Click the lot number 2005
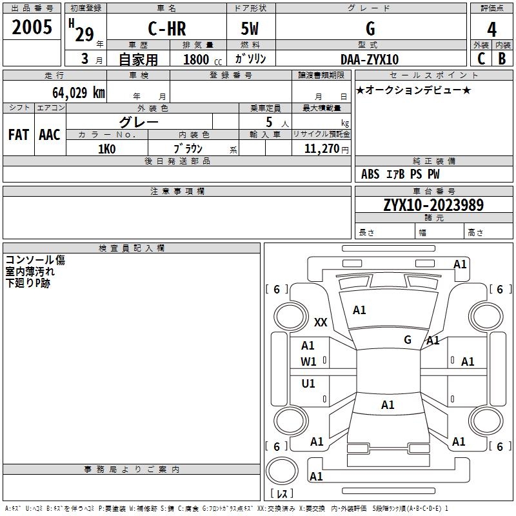click(x=32, y=27)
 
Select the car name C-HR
click(x=167, y=28)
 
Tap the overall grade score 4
click(x=491, y=30)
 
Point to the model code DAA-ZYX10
click(x=370, y=59)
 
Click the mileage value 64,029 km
click(x=79, y=92)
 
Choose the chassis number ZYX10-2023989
click(x=433, y=205)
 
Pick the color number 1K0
click(x=107, y=149)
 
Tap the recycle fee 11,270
click(x=322, y=149)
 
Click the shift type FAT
click(x=19, y=135)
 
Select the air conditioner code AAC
click(x=50, y=135)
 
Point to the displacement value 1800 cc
click(x=203, y=59)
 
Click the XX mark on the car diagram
click(x=321, y=322)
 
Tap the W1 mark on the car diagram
click(x=308, y=362)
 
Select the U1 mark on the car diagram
click(x=308, y=383)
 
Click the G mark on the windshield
click(x=408, y=340)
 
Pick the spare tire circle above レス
click(x=282, y=471)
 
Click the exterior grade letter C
click(x=481, y=59)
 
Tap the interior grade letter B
click(x=502, y=59)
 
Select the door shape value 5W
click(x=250, y=28)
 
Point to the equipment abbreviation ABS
click(x=370, y=174)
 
